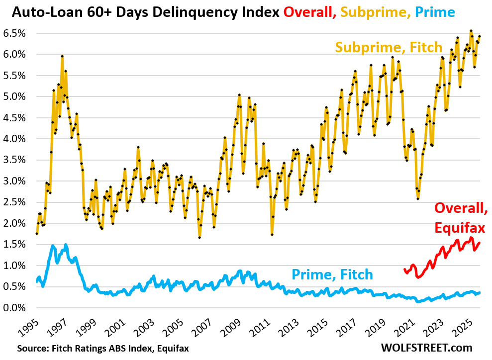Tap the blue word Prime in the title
tap(438, 11)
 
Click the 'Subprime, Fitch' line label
tap(389, 47)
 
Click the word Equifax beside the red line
tap(459, 227)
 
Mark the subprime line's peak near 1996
tap(62, 56)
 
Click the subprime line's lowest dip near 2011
tap(272, 234)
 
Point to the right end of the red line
tap(480, 243)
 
